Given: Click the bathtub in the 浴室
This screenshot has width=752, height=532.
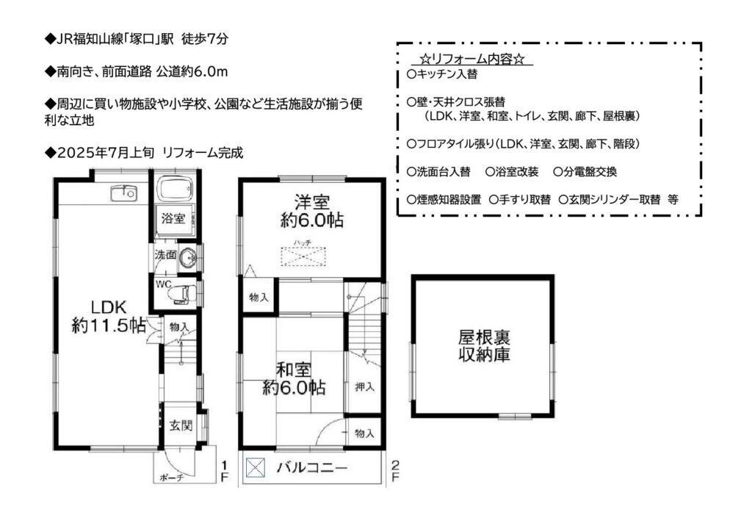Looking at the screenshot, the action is (175, 190).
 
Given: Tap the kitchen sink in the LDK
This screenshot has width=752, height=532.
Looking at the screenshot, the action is (123, 193).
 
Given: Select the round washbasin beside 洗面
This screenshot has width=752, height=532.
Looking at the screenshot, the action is (187, 258).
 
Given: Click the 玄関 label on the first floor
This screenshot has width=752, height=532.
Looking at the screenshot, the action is (181, 425).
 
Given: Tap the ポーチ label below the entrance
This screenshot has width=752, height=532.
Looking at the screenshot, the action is (171, 478).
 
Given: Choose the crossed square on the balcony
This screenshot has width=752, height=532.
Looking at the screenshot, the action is (255, 468).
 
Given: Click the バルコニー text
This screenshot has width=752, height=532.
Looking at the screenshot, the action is (312, 467).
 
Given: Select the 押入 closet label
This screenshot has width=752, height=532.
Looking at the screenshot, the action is (364, 387).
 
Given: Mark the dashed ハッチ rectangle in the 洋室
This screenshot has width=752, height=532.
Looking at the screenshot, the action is (303, 256).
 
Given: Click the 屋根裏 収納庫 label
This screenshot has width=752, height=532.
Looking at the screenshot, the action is (484, 345).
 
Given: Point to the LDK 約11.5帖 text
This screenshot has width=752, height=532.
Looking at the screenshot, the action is (109, 316).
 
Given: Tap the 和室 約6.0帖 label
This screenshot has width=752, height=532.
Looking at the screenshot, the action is (294, 378).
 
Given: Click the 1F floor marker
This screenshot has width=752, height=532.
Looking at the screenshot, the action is (224, 471).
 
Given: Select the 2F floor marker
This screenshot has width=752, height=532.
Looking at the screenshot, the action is (395, 471).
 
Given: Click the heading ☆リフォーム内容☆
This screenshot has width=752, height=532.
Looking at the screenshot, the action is (472, 60).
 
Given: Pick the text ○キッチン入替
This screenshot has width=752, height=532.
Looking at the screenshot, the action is (441, 74).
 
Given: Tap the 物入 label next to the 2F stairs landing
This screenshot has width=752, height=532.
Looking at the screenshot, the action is (258, 298).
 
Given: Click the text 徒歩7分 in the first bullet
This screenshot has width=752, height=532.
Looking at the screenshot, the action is (205, 40).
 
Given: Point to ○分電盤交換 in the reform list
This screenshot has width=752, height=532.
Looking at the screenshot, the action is (585, 172).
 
